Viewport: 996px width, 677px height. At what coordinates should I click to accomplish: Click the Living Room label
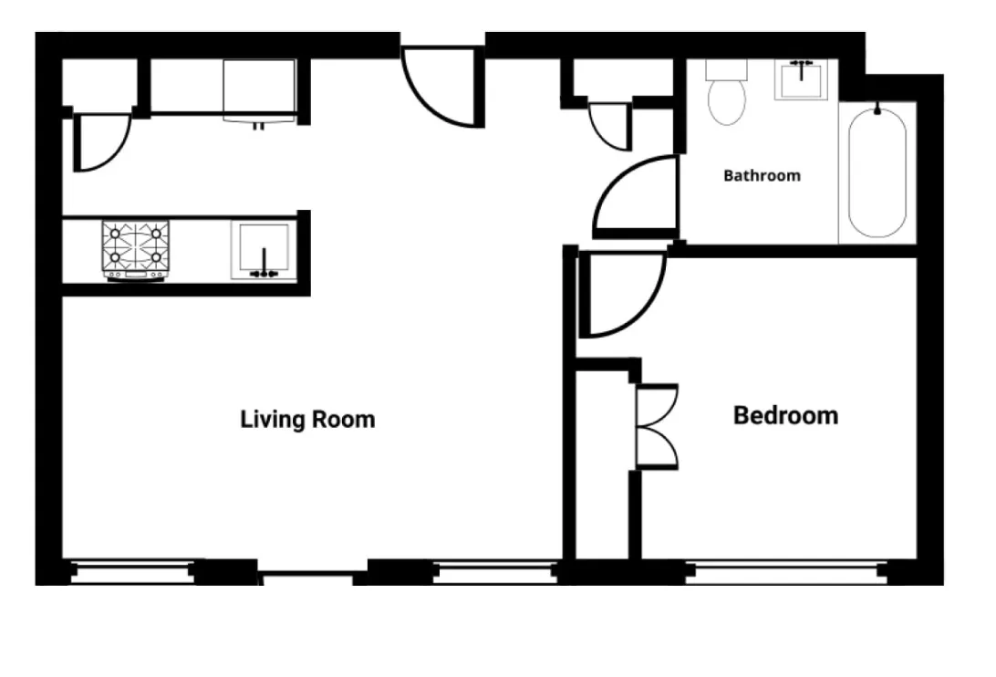(307, 420)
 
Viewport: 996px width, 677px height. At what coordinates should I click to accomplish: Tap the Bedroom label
(785, 416)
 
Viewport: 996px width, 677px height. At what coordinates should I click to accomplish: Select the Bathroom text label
(762, 175)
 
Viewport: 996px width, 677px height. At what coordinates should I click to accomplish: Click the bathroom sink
(802, 79)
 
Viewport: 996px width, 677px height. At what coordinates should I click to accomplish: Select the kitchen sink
(264, 250)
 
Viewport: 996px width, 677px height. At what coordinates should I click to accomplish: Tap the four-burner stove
(137, 249)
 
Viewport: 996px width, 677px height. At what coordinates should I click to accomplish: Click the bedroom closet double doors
(657, 427)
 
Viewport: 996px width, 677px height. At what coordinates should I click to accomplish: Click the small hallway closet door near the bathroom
(610, 125)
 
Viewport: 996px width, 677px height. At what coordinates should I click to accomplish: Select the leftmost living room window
(133, 573)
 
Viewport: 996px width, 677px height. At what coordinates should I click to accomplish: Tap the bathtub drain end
(877, 111)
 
